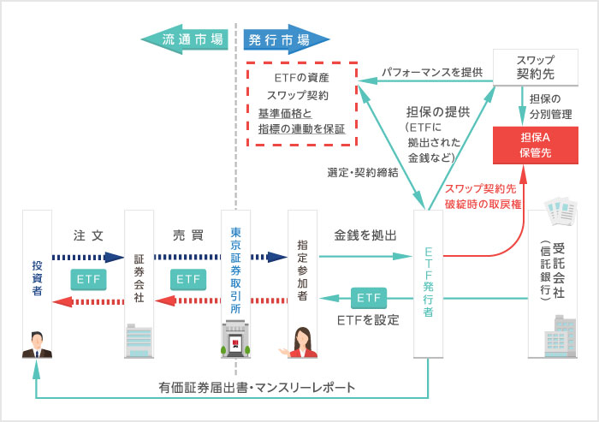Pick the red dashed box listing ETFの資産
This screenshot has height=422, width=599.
point(300,104)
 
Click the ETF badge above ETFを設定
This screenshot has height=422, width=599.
point(369,297)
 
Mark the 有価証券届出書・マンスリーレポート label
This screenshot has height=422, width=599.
point(257,388)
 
